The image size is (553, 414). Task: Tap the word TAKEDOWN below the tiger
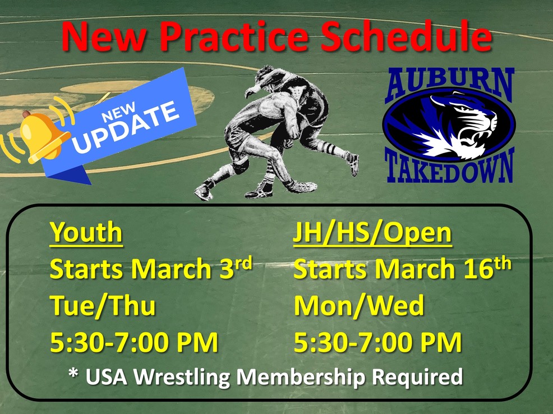tap(449, 167)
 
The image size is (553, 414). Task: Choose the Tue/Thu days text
tap(103, 306)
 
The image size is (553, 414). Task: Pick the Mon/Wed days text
tap(358, 306)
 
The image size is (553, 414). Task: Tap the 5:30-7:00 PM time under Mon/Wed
tap(377, 343)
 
